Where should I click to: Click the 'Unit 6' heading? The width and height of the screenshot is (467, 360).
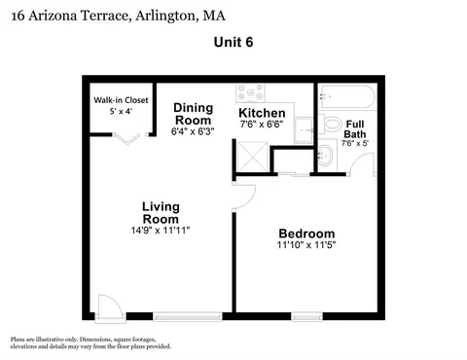point(233,42)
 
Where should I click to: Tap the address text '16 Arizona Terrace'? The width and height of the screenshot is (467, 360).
point(71,16)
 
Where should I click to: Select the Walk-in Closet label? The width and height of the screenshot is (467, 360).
point(121,100)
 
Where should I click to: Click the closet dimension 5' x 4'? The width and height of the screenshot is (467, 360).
point(121,111)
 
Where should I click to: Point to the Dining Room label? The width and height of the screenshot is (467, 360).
point(194,114)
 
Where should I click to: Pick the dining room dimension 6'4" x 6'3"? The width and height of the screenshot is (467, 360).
point(193,131)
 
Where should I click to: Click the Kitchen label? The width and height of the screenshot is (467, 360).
point(262,113)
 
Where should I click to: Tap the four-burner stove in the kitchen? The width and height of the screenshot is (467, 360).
point(250,92)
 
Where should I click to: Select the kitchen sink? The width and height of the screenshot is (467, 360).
point(304,130)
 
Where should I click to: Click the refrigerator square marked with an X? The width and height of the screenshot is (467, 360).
point(253,157)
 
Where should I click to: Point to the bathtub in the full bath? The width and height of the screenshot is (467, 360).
point(347,96)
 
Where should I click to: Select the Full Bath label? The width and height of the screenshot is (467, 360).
point(355,129)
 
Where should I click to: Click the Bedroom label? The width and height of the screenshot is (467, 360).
point(306,234)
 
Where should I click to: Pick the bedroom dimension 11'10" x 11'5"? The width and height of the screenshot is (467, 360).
point(306,244)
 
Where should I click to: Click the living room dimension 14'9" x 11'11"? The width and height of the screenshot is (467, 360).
point(161,231)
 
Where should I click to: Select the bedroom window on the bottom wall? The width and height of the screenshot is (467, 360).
point(306,316)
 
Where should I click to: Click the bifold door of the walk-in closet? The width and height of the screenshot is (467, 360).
point(126,138)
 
